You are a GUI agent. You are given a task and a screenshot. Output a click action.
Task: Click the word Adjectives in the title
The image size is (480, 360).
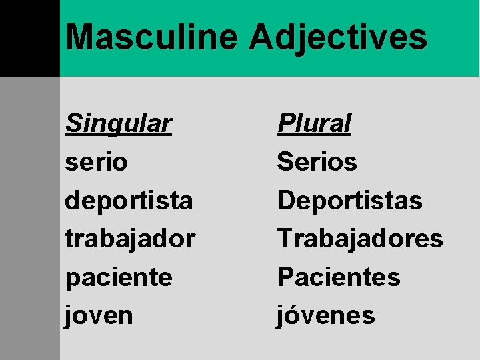338,38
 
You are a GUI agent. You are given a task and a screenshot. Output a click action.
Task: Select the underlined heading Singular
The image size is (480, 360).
119,124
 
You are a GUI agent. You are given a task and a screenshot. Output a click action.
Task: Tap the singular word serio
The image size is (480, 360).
97,162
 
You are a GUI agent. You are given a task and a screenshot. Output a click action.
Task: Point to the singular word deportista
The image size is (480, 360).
129,201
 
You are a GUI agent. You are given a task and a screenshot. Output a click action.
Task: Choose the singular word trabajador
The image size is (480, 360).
130,239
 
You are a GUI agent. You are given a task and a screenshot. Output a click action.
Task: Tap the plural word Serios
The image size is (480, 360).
317,161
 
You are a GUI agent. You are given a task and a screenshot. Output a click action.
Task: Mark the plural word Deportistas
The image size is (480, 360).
350,200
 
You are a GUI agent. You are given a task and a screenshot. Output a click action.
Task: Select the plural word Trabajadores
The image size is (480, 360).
360,239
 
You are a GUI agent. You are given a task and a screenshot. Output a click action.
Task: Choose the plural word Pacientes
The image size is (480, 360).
339,277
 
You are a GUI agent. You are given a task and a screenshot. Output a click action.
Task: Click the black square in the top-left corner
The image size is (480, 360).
29,38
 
